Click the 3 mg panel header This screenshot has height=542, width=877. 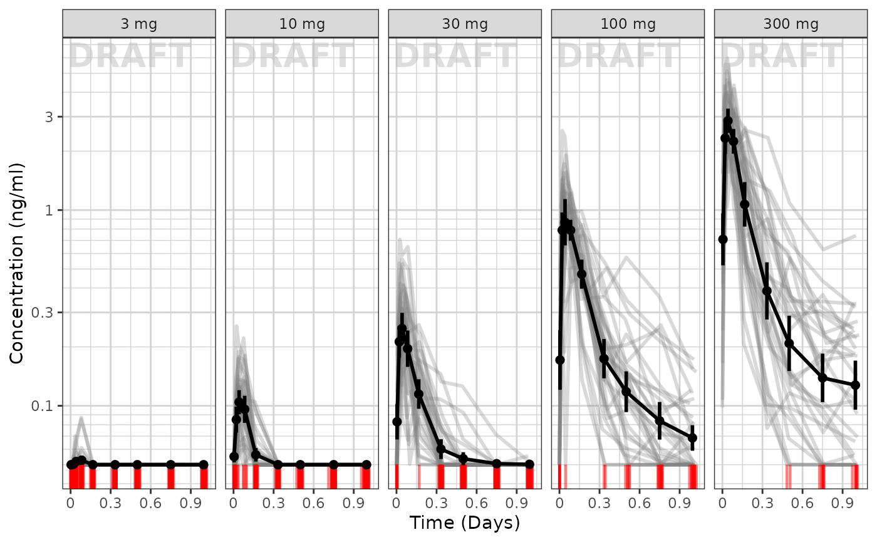point(139,24)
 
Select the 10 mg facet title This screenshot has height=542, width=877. point(302,24)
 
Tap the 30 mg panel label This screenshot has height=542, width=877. point(465,24)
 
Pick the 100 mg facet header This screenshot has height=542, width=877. point(628,24)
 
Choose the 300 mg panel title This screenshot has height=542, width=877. point(791,24)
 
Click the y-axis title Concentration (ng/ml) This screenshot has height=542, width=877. point(17,263)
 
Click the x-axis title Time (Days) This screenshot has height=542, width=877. point(465,523)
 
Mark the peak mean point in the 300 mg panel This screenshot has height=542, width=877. point(728,121)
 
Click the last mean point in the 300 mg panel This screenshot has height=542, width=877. point(855,385)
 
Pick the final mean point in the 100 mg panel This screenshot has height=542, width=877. point(692,437)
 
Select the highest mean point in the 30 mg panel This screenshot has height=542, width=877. point(402,328)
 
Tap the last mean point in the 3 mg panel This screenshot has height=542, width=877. point(204,464)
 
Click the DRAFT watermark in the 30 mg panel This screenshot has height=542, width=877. point(455,56)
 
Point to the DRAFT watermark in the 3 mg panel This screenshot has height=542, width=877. point(129,56)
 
